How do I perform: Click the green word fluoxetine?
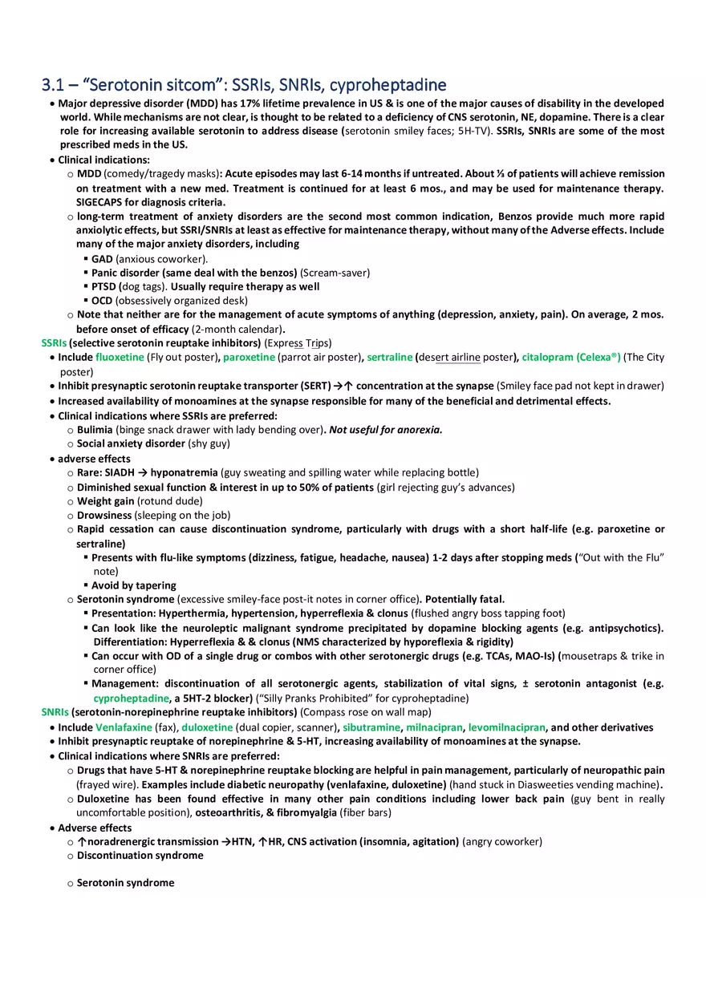coord(120,358)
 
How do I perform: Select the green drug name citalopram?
coord(548,358)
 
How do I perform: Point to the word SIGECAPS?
coord(101,202)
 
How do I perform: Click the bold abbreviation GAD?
coord(102,259)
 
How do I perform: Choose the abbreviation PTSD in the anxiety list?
coord(103,286)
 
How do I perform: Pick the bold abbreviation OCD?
coord(102,301)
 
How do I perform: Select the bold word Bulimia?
coord(95,430)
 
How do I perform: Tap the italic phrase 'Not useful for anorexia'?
coord(386,430)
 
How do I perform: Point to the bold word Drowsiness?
coord(104,515)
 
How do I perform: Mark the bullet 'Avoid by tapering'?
coord(133,585)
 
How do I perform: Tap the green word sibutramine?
coord(371,727)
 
